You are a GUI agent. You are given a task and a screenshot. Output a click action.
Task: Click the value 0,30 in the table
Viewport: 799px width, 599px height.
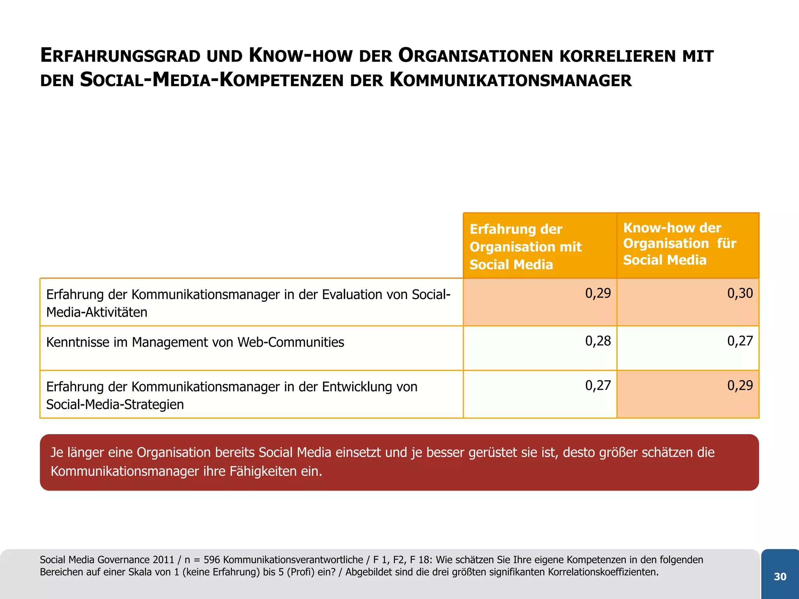click(x=740, y=293)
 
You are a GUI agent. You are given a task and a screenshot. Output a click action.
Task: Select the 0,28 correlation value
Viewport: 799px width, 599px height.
click(x=598, y=341)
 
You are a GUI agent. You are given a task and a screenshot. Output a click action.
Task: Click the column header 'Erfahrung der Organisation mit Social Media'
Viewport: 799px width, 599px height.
click(x=525, y=246)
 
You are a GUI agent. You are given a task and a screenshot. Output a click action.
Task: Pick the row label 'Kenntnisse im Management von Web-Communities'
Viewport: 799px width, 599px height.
click(x=195, y=342)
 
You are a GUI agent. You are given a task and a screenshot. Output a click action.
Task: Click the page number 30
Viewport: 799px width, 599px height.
click(x=780, y=577)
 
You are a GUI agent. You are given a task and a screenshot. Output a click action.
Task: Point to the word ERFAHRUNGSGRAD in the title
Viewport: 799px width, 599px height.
click(x=120, y=56)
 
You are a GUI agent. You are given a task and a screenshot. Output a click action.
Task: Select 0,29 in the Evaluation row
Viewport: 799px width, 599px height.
click(x=598, y=293)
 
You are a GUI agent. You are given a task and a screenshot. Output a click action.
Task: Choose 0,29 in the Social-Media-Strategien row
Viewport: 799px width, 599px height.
click(x=740, y=386)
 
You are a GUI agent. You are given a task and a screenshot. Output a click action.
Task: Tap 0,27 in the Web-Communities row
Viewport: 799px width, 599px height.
click(x=740, y=341)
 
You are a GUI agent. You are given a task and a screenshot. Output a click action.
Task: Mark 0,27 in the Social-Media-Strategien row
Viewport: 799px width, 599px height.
click(x=598, y=386)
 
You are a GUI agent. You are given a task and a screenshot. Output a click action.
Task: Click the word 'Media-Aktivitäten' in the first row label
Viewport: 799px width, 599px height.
click(x=97, y=312)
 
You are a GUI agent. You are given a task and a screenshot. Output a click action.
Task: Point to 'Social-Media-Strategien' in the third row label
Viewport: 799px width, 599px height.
click(x=115, y=404)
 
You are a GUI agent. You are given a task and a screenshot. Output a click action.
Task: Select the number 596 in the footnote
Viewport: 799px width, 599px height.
click(x=212, y=560)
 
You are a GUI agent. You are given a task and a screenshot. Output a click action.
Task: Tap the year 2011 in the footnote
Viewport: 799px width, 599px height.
click(x=163, y=560)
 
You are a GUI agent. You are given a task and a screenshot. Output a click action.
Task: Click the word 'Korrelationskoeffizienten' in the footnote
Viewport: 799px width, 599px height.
click(x=602, y=572)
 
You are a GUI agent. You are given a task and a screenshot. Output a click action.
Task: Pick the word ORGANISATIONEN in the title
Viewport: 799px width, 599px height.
click(x=476, y=56)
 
